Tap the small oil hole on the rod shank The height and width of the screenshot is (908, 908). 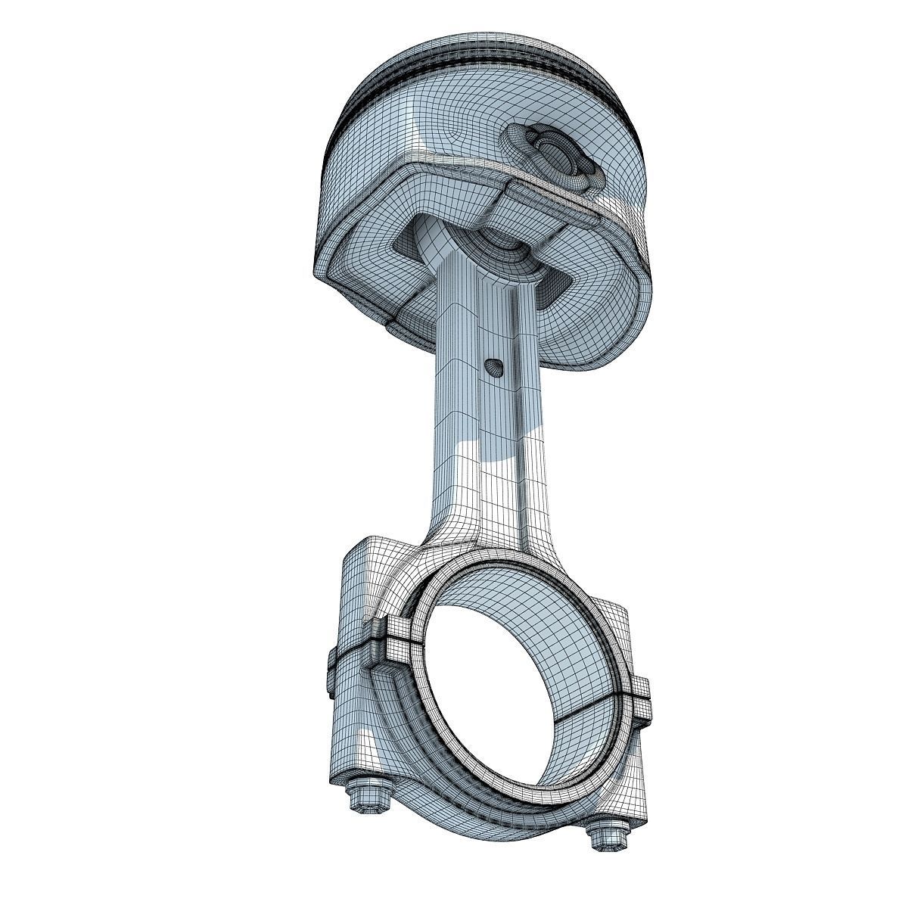pyautogui.click(x=493, y=367)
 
